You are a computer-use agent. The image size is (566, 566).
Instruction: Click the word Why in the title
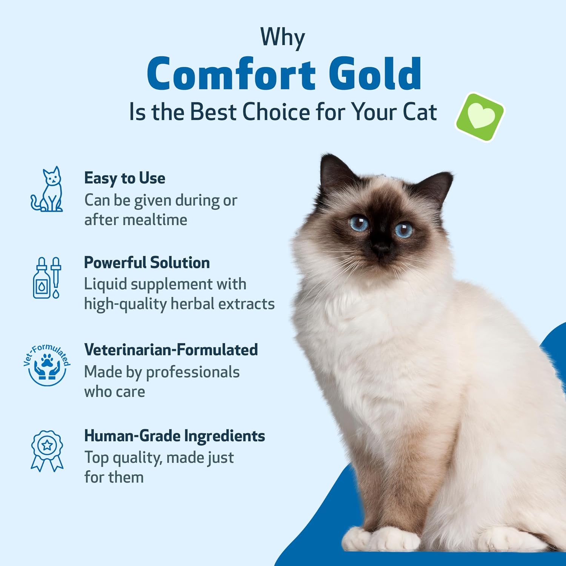click(282, 38)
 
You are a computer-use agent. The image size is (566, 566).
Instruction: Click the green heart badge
click(480, 117)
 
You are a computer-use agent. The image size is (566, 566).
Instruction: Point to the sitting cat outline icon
click(47, 189)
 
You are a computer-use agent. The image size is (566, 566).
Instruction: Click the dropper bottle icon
click(47, 278)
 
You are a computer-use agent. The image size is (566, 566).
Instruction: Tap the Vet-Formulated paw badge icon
click(47, 365)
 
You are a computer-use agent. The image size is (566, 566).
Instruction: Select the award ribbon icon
click(47, 451)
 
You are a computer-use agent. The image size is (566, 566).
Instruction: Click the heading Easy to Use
click(125, 178)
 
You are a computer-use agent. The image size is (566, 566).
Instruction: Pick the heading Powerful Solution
click(147, 263)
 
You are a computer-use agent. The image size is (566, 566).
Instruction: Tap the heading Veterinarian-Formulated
click(171, 350)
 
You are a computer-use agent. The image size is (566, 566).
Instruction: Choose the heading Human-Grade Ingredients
click(174, 436)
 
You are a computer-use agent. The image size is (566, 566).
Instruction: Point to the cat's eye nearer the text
click(358, 223)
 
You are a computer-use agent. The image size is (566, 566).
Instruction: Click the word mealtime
click(158, 220)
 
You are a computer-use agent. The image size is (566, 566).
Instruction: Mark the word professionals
click(192, 372)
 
